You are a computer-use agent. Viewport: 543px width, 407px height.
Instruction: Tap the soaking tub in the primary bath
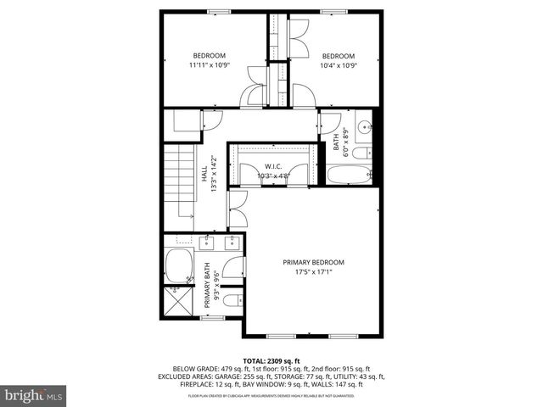tap(179, 267)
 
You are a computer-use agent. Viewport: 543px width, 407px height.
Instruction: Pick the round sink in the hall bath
tap(364, 128)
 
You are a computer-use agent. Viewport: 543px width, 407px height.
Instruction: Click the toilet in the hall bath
tap(360, 153)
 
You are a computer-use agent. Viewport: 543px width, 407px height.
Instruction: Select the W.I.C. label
tap(272, 166)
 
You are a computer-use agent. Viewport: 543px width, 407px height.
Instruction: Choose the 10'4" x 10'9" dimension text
tap(338, 64)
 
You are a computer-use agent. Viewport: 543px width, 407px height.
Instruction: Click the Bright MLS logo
tap(34, 395)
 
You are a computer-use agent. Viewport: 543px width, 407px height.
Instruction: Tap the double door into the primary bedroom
tap(237, 209)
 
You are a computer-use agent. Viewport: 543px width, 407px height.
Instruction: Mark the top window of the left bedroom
tap(219, 11)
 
